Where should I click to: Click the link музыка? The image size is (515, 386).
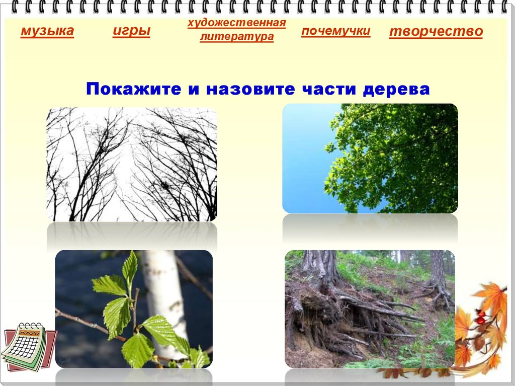pos(47,32)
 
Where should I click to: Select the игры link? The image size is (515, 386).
pos(131,31)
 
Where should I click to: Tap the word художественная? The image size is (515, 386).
pos(236,23)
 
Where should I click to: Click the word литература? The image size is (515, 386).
pos(236,37)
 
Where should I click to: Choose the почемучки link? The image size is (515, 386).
pos(336,31)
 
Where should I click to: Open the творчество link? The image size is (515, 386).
pos(436,32)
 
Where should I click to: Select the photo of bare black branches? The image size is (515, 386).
pos(132,165)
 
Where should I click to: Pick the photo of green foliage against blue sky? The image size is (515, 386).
pos(370,158)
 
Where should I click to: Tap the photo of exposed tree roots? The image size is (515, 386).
pos(369,309)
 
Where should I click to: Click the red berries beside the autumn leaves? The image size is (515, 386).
pos(480,318)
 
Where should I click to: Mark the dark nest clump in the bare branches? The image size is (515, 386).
pos(164,187)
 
